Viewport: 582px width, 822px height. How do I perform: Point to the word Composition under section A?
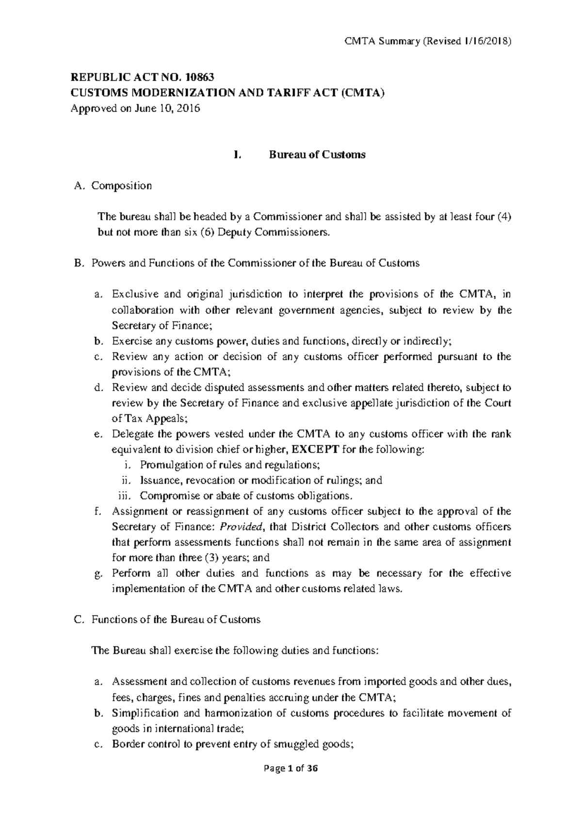tap(122, 186)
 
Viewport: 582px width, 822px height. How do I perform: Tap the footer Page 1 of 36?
tap(291, 782)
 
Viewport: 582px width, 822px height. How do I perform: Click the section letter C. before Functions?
tap(81, 619)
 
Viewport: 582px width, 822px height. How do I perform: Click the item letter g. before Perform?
tap(98, 574)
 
